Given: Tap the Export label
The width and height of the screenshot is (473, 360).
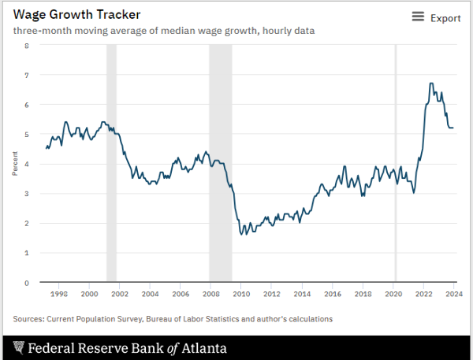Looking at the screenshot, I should click(x=445, y=18).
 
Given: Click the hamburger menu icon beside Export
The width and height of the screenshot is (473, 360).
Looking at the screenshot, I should click(x=418, y=17).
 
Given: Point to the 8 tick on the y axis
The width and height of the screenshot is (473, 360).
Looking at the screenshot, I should click(x=27, y=46).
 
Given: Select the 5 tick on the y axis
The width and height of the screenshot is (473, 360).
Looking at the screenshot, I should click(x=27, y=135).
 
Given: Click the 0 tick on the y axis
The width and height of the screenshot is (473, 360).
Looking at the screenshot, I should click(x=27, y=282).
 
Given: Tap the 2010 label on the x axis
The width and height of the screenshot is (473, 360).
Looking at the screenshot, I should click(x=241, y=294).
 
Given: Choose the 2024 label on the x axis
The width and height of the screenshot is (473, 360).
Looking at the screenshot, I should click(x=454, y=294).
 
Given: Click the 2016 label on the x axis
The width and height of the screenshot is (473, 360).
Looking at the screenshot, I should click(x=333, y=294).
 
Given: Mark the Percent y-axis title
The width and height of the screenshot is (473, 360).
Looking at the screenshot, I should click(x=15, y=164).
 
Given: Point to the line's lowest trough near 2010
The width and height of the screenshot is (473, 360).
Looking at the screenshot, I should click(x=241, y=235).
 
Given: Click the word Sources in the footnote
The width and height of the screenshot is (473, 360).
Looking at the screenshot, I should click(x=29, y=319).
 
